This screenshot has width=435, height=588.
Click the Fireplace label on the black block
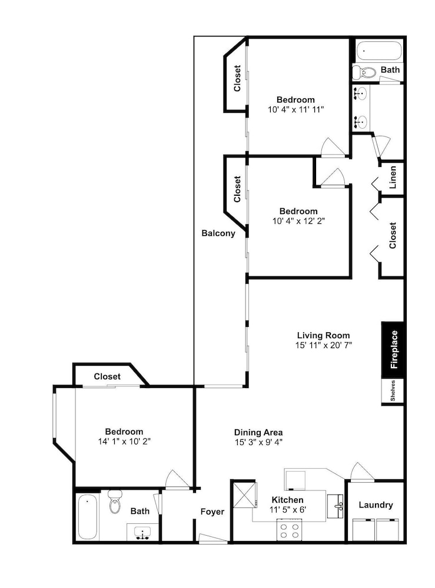394,349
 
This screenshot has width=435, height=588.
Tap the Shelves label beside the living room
393,391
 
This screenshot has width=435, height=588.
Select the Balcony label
218,233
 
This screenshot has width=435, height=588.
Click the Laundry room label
376,505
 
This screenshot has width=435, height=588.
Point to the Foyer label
212,512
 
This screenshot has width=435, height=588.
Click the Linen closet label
393,178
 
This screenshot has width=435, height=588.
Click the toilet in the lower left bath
114,502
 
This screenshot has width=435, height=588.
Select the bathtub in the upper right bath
379,52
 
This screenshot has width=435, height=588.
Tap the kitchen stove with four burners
290,530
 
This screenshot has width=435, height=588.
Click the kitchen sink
336,506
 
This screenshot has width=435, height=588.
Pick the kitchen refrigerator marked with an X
244,495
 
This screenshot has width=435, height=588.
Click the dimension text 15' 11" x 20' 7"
324,345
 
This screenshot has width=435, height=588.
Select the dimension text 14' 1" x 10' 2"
124,442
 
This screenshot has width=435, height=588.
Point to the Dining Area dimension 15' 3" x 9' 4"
258,442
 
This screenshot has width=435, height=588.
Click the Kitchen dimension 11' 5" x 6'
288,510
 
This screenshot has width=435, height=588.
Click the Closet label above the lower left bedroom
107,376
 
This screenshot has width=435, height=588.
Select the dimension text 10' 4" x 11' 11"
295,109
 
